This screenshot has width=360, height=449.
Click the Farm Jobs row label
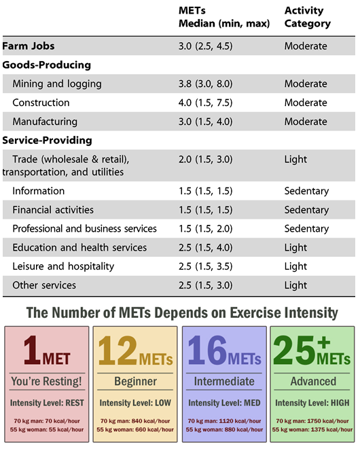point(29,46)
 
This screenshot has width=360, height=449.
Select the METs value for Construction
point(205,103)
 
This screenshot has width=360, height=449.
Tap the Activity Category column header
point(307,17)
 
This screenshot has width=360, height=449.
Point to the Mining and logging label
point(56,84)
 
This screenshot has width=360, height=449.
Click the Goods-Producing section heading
point(47,65)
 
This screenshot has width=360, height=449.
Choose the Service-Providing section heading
point(48,141)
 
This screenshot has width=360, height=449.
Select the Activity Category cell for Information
point(306,191)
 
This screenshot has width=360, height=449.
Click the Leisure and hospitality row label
point(63,266)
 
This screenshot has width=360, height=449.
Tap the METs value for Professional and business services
point(205,228)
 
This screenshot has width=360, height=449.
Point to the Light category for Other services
point(295,285)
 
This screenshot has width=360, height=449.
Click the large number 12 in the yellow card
point(118,351)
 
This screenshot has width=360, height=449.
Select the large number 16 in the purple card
point(207,351)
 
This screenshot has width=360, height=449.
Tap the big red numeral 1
point(32,350)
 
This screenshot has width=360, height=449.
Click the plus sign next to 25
point(324,342)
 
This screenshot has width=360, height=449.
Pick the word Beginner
point(135,382)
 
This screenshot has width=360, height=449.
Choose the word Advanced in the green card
point(313,382)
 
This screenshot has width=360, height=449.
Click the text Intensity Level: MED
point(224,403)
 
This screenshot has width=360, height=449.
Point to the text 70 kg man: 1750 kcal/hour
point(312,421)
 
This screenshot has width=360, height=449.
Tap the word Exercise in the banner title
point(256,312)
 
